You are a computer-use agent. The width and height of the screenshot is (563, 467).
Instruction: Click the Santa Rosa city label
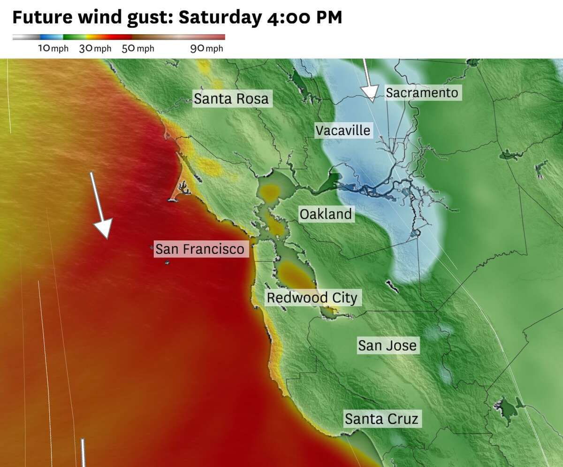[x=231, y=99]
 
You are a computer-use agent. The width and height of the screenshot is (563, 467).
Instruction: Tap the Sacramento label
[x=422, y=93]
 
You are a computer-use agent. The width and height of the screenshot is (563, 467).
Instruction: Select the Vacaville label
[x=343, y=130]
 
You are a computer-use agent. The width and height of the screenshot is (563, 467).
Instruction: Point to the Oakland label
[x=326, y=214]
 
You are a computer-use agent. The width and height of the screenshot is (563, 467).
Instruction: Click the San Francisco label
[x=200, y=249]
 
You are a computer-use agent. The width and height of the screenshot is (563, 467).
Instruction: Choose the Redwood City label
[x=312, y=297]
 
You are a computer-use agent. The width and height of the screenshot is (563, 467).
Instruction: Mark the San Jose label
[x=387, y=345]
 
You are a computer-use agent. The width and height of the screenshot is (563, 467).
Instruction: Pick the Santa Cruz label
[x=381, y=418]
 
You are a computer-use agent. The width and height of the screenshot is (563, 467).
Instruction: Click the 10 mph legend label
[x=53, y=49]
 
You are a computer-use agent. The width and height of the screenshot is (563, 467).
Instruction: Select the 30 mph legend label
[x=95, y=49]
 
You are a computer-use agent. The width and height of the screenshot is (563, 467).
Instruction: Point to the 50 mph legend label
[x=138, y=49]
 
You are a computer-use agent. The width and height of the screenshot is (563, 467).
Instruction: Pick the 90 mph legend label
[x=206, y=49]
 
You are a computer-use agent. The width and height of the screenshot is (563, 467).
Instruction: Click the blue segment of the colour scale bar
[x=51, y=37]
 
